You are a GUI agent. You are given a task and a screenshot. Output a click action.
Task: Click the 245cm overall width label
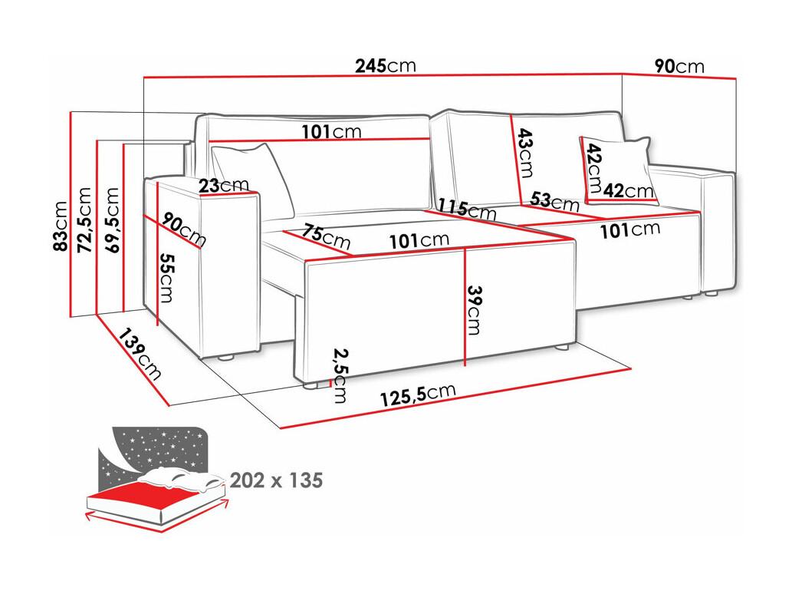pos(386,66)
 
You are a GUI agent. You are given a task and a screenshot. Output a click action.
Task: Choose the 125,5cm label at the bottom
pos(418,394)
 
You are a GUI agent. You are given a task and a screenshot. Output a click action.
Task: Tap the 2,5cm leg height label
pos(340,375)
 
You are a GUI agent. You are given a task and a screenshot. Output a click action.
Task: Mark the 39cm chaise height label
pos(474,310)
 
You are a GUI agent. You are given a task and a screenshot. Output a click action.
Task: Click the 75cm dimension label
pos(327,236)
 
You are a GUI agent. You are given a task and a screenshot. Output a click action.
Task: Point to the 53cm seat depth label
pos(554,201)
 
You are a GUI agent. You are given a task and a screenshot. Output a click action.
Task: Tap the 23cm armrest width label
pos(224,186)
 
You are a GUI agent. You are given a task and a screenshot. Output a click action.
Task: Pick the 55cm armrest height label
pos(166,278)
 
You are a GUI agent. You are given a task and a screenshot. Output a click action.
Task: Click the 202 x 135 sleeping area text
pos(276,480)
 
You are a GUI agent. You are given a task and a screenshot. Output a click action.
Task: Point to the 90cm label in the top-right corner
pos(679,66)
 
